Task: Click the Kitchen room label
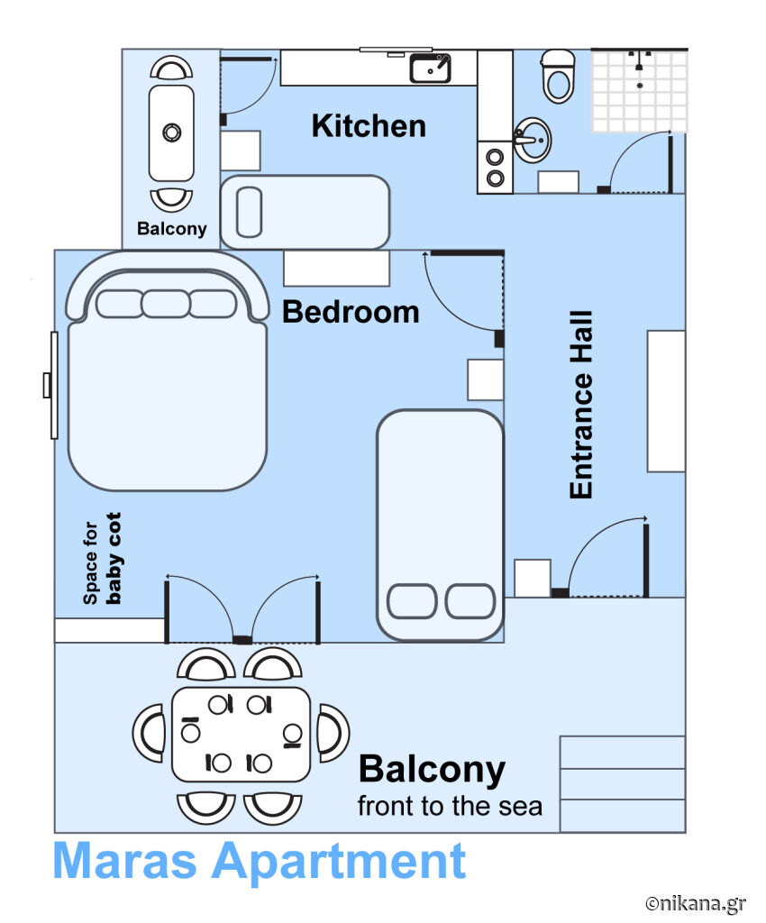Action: click(x=369, y=125)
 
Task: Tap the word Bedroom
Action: click(x=351, y=312)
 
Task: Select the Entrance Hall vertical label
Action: click(x=581, y=405)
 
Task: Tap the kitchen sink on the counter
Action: click(x=430, y=68)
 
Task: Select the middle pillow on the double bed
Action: click(x=165, y=304)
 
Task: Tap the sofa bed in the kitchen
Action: click(x=305, y=212)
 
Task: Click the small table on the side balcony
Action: click(x=171, y=133)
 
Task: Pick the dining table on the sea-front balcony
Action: click(x=241, y=734)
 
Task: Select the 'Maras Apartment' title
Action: click(x=260, y=861)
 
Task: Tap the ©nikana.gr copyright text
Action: click(x=695, y=902)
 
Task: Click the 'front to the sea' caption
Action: click(x=450, y=806)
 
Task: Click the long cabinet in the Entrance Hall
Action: click(x=666, y=401)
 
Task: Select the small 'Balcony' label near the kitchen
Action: click(x=171, y=229)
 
